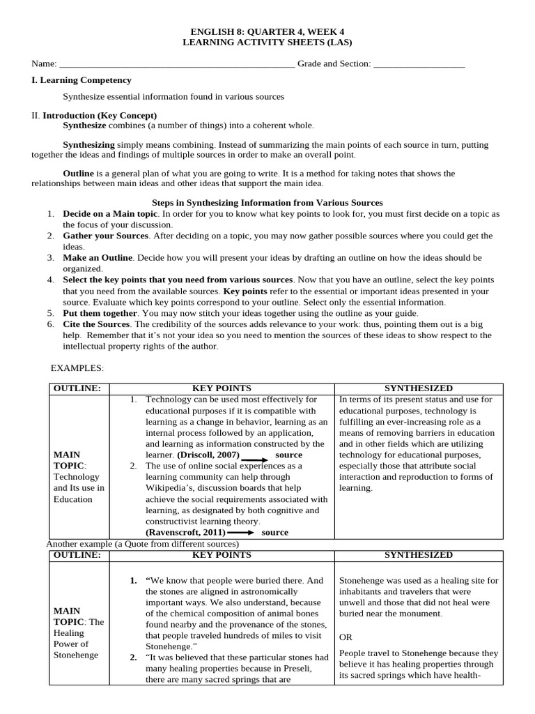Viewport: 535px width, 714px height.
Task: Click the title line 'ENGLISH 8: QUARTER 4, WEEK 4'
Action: [x=267, y=31]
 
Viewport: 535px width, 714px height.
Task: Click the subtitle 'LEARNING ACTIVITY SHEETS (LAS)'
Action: [x=267, y=43]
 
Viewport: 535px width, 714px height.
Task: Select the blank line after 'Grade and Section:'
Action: [x=419, y=65]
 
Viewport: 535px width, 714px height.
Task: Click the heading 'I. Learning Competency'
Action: [x=82, y=81]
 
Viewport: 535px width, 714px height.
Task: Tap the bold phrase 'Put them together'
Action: [x=100, y=313]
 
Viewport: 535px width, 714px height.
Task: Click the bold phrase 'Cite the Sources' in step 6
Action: [x=96, y=324]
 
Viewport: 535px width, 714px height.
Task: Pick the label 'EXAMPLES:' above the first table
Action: [x=77, y=367]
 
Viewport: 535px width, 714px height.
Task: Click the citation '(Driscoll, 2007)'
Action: [x=208, y=455]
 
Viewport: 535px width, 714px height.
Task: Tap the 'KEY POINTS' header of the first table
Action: [x=222, y=388]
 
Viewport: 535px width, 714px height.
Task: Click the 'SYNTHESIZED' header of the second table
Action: [x=419, y=555]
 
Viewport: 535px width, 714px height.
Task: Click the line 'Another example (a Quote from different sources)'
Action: [x=142, y=544]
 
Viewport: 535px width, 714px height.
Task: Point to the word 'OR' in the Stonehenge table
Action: [x=346, y=637]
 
